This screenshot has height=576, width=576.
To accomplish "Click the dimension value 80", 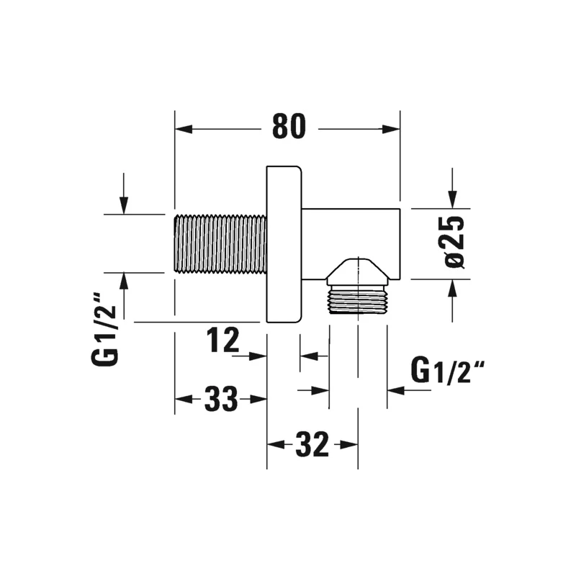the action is click(289, 126).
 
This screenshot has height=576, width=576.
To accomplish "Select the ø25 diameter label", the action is click(454, 242).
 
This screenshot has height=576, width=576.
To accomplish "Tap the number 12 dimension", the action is click(222, 340).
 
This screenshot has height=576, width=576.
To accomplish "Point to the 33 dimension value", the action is click(221, 399).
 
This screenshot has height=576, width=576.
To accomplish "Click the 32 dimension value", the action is click(312, 444).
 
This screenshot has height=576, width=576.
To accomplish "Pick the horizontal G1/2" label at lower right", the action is click(448, 371).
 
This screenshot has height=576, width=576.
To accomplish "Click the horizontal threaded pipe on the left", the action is click(220, 244).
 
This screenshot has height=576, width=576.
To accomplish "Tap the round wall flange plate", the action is click(284, 245).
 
